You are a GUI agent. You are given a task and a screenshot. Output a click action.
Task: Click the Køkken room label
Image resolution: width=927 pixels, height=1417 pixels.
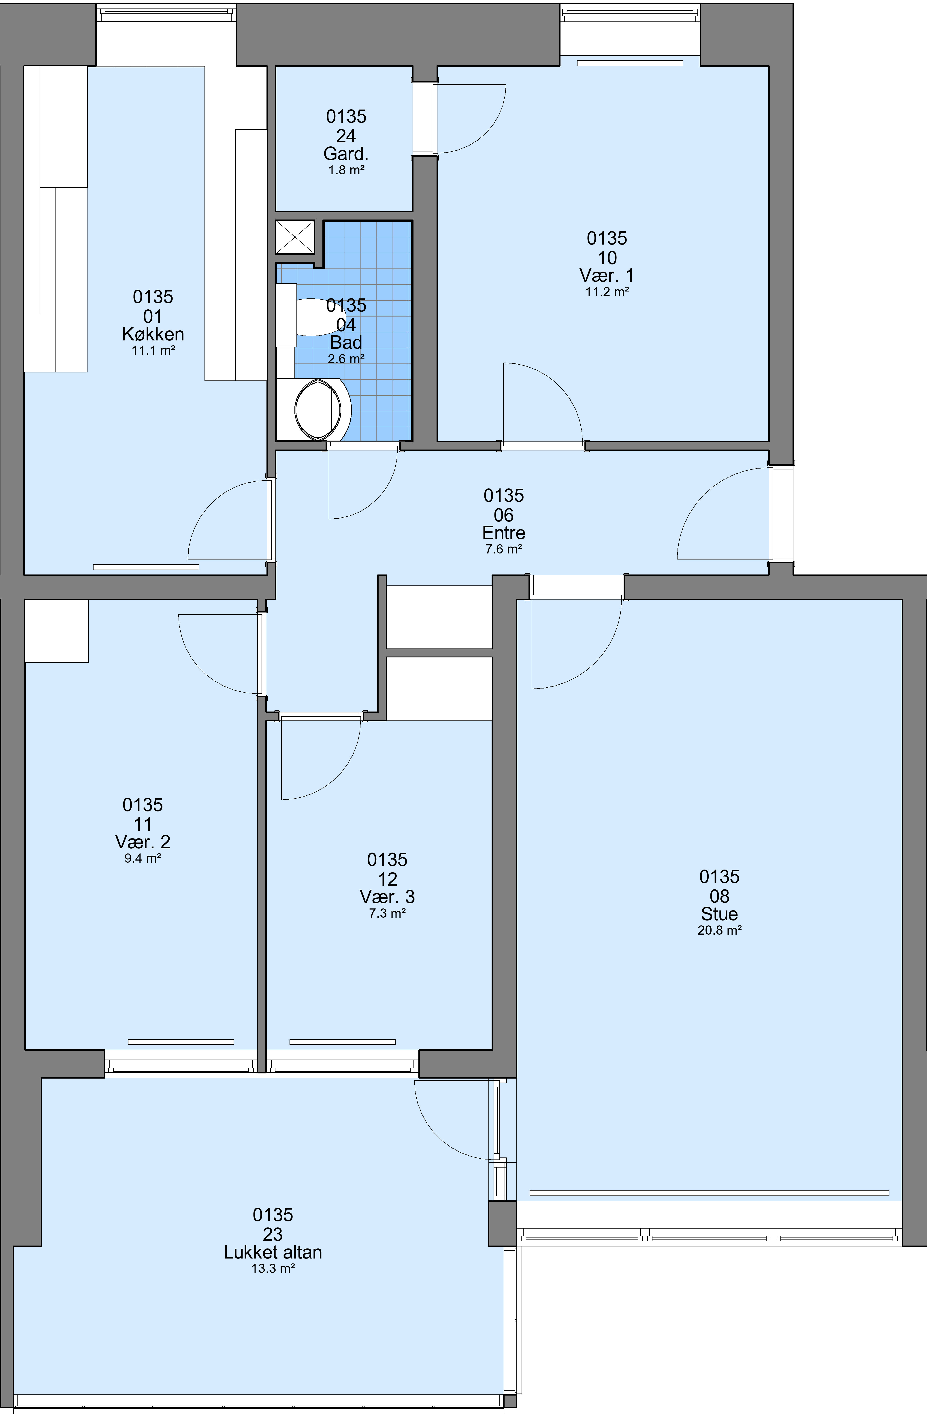pyautogui.click(x=153, y=335)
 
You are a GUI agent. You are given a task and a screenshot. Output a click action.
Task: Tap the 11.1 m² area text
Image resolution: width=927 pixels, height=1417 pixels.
pyautogui.click(x=153, y=351)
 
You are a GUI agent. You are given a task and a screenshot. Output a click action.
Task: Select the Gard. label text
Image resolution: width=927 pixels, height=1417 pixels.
pyautogui.click(x=346, y=154)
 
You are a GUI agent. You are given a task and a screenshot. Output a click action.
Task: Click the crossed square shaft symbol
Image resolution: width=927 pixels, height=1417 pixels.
pyautogui.click(x=295, y=237)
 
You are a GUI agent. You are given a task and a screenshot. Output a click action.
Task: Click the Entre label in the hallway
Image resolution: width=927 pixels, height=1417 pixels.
pyautogui.click(x=504, y=533)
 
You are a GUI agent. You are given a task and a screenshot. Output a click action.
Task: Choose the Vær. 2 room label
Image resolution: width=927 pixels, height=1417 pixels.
pyautogui.click(x=143, y=842)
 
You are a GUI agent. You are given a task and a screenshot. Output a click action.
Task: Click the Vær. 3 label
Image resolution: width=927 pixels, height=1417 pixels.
pyautogui.click(x=387, y=897)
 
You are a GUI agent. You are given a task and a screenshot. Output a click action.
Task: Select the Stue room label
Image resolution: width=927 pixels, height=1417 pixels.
pyautogui.click(x=720, y=914)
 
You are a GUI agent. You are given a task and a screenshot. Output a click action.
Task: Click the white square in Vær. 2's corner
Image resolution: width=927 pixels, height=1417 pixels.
pyautogui.click(x=57, y=631)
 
